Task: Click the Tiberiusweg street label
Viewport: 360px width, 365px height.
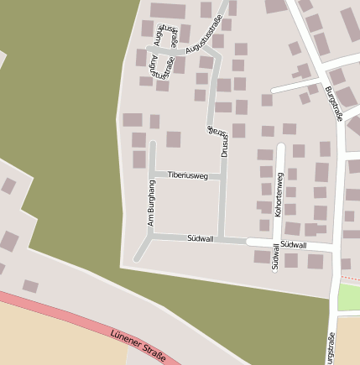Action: point(187,175)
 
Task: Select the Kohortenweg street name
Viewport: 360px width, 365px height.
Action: point(279,195)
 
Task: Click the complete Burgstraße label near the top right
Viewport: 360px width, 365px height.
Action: point(334,105)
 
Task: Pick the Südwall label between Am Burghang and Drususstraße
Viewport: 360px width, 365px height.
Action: point(201,239)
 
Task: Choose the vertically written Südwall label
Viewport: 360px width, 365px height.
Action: point(275,257)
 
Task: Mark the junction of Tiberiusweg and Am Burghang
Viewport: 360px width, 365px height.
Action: point(152,174)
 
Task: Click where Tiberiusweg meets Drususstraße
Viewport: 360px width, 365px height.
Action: point(223,177)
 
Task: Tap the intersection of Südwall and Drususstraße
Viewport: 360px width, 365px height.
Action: point(222,239)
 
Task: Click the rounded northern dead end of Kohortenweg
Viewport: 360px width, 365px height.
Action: point(280,147)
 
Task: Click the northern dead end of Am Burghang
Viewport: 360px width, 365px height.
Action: point(152,143)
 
